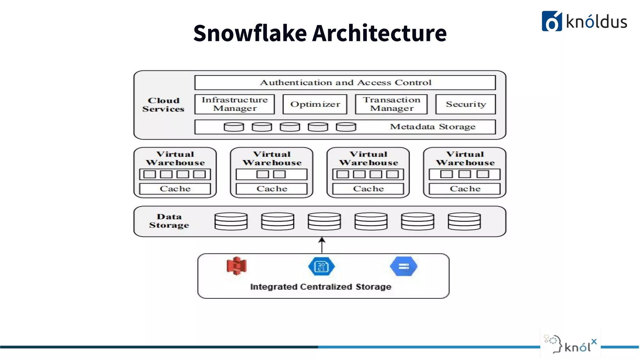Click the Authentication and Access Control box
click(345, 82)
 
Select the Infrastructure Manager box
click(234, 104)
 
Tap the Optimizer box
click(315, 104)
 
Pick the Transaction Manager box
click(391, 104)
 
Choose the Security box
click(466, 104)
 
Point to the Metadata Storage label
click(432, 127)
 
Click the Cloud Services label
click(163, 105)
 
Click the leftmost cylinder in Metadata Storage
click(234, 127)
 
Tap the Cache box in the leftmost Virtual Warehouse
click(175, 189)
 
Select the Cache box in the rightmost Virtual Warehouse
click(465, 189)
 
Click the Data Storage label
click(169, 221)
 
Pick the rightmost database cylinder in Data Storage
click(464, 221)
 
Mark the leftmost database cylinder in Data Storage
click(231, 221)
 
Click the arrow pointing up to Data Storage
click(322, 245)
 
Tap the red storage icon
click(237, 266)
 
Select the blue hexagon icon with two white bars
click(403, 266)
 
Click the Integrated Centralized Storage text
click(321, 287)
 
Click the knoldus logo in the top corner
click(584, 21)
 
